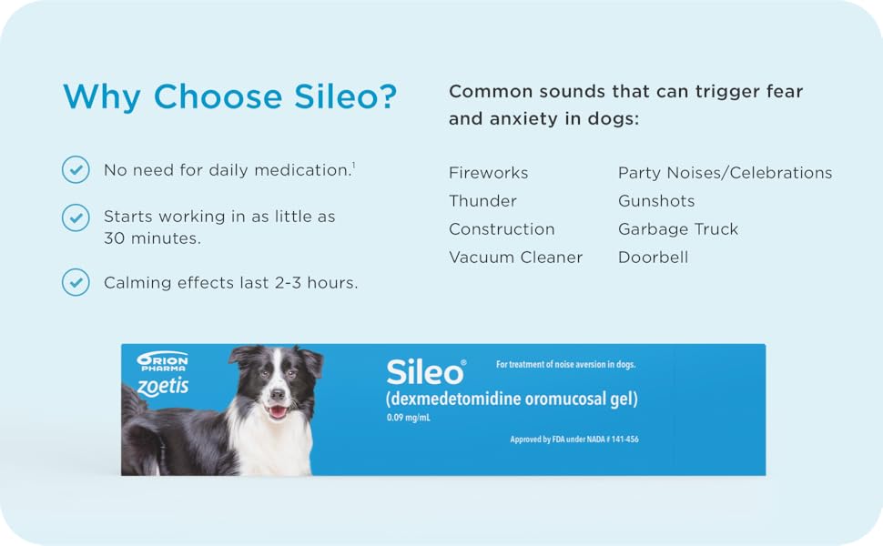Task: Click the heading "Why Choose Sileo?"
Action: (229, 96)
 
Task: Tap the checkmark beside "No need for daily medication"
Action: (75, 169)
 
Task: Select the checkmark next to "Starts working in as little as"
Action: (75, 217)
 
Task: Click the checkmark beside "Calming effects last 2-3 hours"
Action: (75, 282)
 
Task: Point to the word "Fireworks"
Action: (488, 173)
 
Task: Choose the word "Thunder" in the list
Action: (482, 201)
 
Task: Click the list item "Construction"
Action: (502, 229)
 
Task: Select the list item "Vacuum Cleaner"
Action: (515, 258)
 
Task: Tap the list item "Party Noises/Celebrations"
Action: (725, 173)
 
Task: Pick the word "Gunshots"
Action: (656, 201)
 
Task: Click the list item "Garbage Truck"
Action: (678, 229)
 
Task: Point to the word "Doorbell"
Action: (653, 258)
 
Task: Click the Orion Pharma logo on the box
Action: (162, 361)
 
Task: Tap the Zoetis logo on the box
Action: (162, 386)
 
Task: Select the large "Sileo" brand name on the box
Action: (424, 371)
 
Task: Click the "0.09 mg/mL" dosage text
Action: (407, 419)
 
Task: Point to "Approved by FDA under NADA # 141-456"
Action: (573, 440)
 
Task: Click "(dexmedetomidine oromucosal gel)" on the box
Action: (511, 399)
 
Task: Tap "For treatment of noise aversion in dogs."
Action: (565, 365)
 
